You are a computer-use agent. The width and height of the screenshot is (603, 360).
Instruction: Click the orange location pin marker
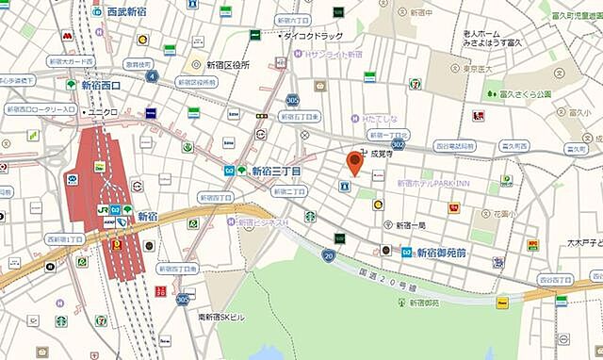click(355, 162)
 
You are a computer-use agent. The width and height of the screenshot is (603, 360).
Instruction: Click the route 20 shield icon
click(328, 255)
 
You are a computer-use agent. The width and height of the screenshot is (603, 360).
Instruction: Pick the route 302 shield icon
click(398, 144)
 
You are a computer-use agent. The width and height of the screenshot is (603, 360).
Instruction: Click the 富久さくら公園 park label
click(525, 94)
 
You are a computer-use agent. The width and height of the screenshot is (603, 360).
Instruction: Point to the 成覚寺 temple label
click(381, 150)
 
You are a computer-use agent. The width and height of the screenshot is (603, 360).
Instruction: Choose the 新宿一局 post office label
click(410, 225)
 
